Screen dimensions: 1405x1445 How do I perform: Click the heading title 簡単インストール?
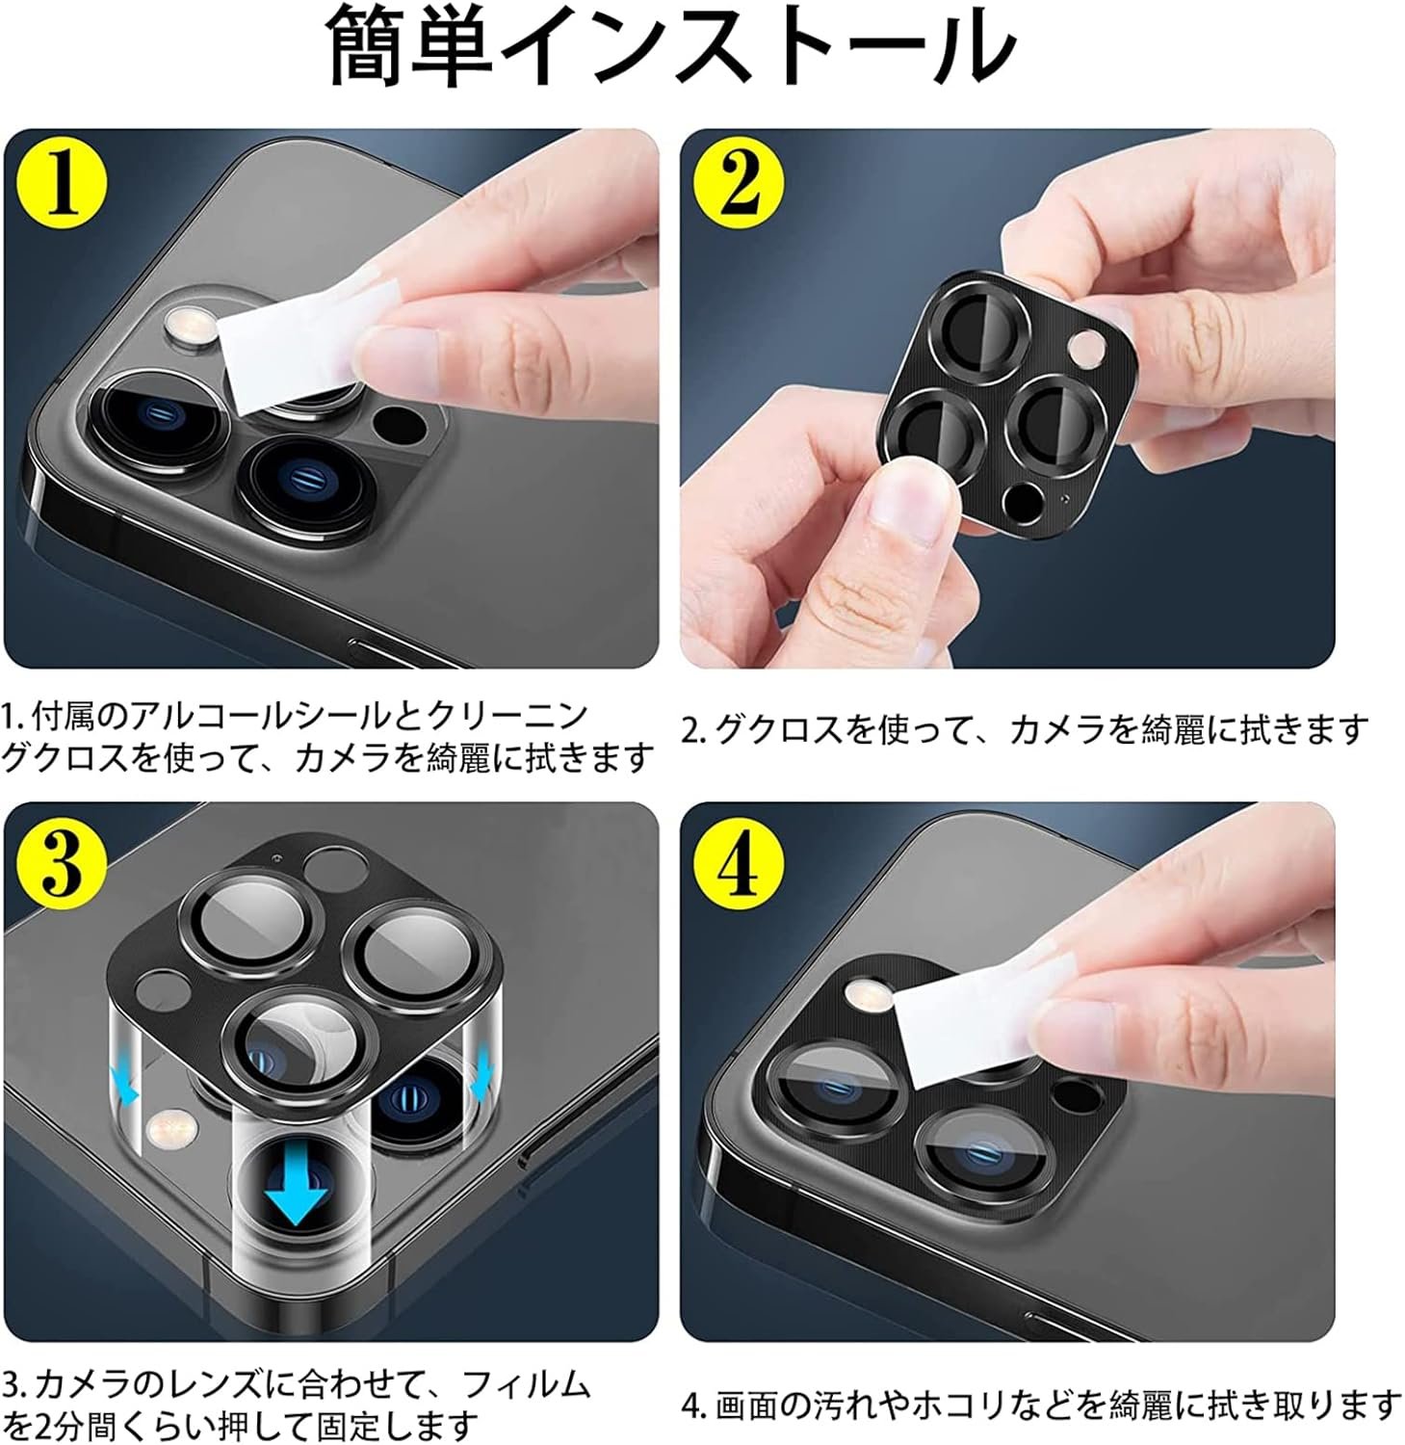click(x=673, y=45)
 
